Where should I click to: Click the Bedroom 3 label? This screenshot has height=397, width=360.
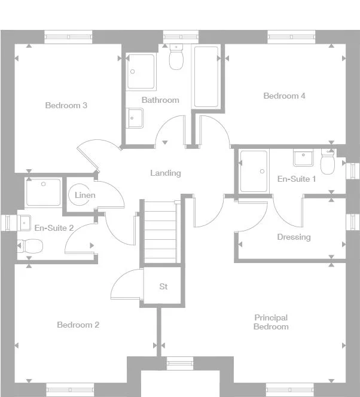(66, 106)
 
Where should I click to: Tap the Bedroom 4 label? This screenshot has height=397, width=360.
(284, 96)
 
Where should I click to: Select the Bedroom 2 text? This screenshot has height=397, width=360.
(78, 325)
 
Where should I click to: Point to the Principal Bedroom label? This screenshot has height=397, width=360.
(271, 322)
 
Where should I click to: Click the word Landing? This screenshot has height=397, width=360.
(165, 173)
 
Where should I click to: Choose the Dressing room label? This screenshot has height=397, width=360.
(294, 237)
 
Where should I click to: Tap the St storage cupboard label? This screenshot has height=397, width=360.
(163, 286)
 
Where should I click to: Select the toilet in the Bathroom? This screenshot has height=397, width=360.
(176, 57)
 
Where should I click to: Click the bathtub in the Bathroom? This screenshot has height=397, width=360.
(206, 77)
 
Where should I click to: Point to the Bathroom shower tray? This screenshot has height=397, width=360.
(141, 72)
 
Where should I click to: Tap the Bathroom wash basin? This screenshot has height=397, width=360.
(135, 117)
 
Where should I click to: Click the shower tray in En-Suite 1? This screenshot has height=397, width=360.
(254, 171)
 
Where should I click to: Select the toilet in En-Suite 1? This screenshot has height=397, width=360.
(328, 162)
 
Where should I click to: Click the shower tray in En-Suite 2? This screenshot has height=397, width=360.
(43, 193)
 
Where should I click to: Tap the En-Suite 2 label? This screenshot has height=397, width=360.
(54, 228)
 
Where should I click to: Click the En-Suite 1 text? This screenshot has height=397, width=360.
(297, 179)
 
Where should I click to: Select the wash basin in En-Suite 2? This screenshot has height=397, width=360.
(25, 222)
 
